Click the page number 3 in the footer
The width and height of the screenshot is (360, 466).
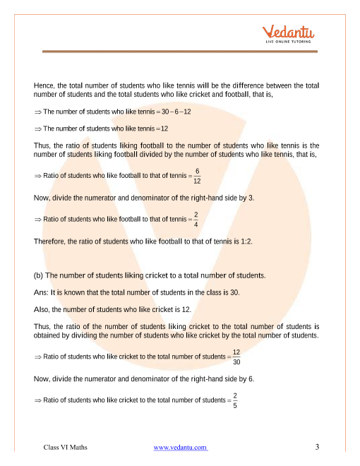coord(318,447)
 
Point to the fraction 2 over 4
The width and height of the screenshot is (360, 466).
coord(196,220)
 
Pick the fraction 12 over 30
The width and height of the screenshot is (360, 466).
coord(236,357)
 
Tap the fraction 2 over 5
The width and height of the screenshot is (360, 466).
coord(235,400)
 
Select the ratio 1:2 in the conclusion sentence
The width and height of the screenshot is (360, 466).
coord(244,241)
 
